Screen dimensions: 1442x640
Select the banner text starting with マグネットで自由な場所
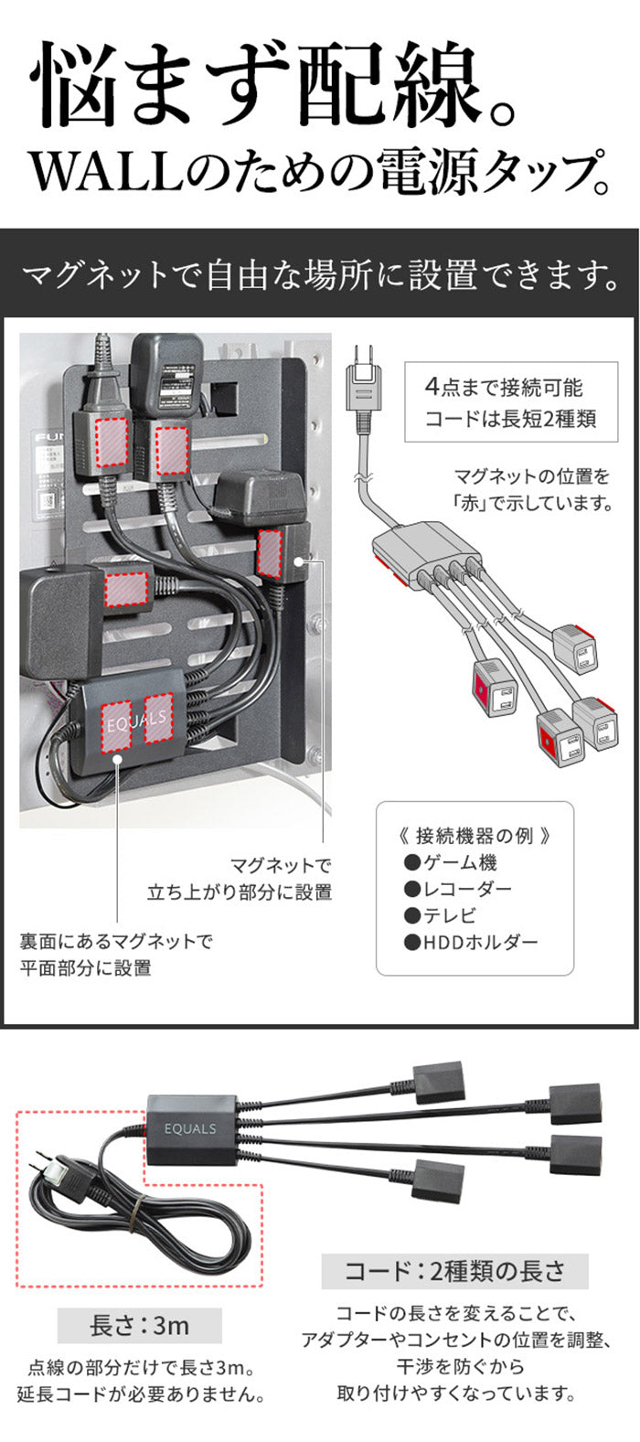pos(319,273)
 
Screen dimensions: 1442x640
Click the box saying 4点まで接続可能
pos(504,388)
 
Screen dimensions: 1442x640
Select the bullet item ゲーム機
pos(452,862)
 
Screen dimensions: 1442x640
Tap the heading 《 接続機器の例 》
pos(475,835)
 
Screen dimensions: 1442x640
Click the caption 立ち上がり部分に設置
pos(240,892)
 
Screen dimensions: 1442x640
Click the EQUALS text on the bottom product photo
pos(191,1128)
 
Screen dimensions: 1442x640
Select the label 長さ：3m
pos(139,1326)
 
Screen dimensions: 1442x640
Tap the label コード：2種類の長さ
pos(454,1270)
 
